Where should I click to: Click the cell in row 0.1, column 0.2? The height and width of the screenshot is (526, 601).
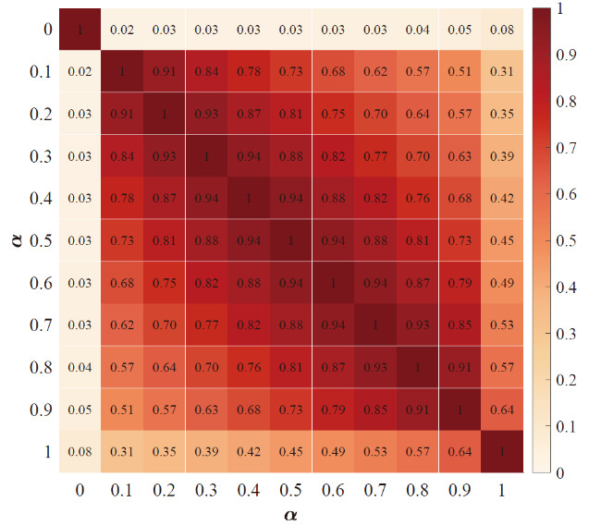pyautogui.click(x=165, y=72)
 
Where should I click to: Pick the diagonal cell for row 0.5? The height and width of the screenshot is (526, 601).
pyautogui.click(x=291, y=241)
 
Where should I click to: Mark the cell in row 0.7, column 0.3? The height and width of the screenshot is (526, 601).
pyautogui.click(x=207, y=325)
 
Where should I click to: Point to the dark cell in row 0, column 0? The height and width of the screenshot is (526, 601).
pyautogui.click(x=80, y=30)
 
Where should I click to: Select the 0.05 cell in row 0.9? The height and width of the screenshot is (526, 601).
pyautogui.click(x=80, y=410)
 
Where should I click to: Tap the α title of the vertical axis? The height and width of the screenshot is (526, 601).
pyautogui.click(x=12, y=240)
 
